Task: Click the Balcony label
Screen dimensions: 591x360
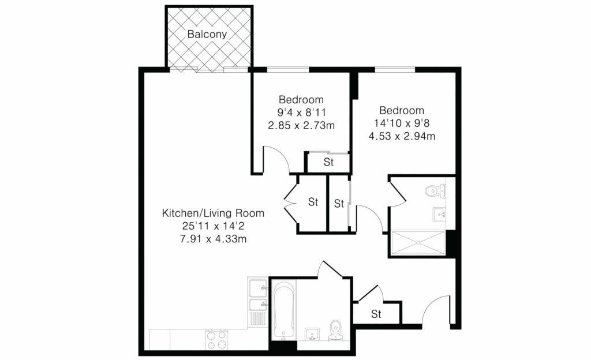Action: click(x=207, y=34)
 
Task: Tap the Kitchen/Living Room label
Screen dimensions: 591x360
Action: click(x=213, y=213)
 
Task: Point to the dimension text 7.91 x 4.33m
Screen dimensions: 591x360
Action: click(x=214, y=239)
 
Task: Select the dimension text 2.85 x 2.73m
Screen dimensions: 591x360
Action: click(x=301, y=125)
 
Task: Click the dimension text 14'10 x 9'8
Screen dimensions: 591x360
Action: click(x=402, y=123)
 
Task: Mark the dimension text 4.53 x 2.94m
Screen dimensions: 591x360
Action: click(x=402, y=136)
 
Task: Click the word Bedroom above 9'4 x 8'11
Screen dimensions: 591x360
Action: click(x=301, y=99)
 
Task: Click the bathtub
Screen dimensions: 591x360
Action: click(x=283, y=310)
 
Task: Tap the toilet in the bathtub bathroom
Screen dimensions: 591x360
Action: click(x=335, y=330)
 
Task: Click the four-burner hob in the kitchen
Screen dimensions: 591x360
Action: click(x=217, y=339)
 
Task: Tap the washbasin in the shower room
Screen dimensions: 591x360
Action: click(x=439, y=214)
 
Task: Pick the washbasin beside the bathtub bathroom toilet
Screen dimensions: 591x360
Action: click(x=312, y=334)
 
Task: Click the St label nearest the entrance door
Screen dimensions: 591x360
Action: click(x=376, y=314)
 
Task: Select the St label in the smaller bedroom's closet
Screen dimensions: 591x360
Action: click(x=328, y=162)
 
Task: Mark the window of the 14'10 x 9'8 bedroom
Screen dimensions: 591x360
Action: click(x=395, y=70)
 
